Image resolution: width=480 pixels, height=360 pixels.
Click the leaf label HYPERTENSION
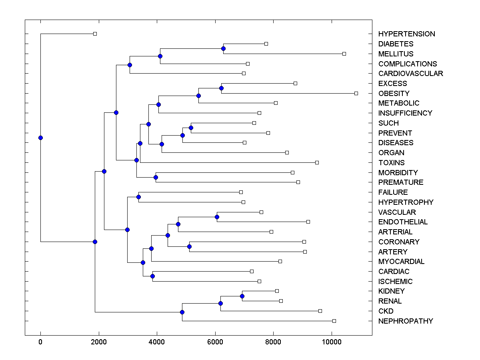pyautogui.click(x=406, y=34)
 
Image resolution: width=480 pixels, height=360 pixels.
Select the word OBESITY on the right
pyautogui.click(x=394, y=94)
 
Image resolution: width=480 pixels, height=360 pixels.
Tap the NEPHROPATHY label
pyautogui.click(x=405, y=321)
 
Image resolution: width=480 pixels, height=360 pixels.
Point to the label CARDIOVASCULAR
pyautogui.click(x=410, y=74)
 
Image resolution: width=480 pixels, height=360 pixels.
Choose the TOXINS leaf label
pyautogui.click(x=391, y=163)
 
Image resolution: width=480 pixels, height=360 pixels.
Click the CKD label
pyautogui.click(x=386, y=311)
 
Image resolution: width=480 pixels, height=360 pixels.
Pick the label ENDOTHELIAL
pyautogui.click(x=403, y=222)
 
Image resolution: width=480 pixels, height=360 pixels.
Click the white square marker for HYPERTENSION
pyautogui.click(x=95, y=34)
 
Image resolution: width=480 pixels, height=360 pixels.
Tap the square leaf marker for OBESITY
pyautogui.click(x=356, y=93)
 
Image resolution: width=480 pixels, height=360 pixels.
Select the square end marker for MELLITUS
pyautogui.click(x=344, y=54)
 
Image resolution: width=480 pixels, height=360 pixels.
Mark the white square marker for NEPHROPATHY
pyautogui.click(x=334, y=321)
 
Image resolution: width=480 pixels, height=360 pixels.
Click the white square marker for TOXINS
pyautogui.click(x=317, y=162)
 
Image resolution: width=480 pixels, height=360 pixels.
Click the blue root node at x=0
pyautogui.click(x=40, y=138)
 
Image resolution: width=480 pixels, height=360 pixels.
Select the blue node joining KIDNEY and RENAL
pyautogui.click(x=242, y=296)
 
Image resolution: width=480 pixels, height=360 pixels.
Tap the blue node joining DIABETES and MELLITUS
pyautogui.click(x=223, y=48)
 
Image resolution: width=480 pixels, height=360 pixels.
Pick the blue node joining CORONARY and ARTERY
pyautogui.click(x=189, y=246)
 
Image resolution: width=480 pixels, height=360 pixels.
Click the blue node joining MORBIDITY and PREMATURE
pyautogui.click(x=156, y=177)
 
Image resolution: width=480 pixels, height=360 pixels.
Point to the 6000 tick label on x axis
pyautogui.click(x=215, y=342)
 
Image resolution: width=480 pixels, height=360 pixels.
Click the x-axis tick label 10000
pyautogui.click(x=332, y=342)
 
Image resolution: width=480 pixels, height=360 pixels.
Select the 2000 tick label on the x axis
pyautogui.click(x=98, y=342)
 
